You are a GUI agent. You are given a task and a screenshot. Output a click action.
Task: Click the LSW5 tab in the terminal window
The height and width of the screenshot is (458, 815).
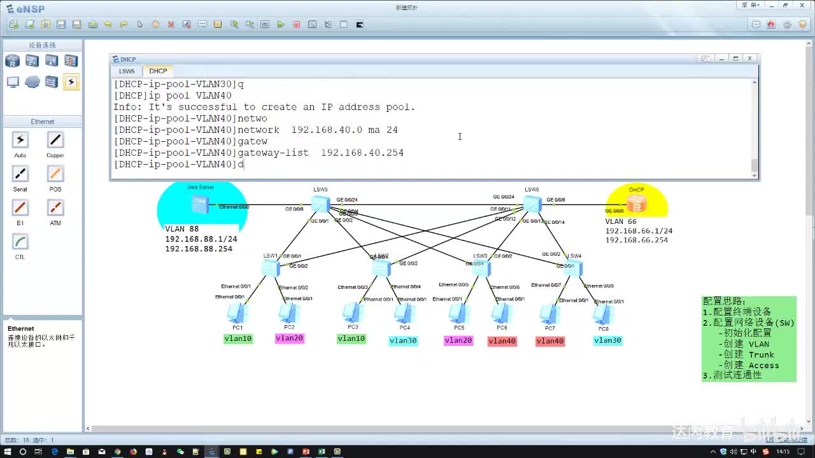click(x=127, y=71)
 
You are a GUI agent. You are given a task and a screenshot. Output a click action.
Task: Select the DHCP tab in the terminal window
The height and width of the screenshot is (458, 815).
click(x=158, y=71)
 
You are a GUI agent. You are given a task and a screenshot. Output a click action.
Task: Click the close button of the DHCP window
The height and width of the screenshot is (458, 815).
click(x=749, y=59)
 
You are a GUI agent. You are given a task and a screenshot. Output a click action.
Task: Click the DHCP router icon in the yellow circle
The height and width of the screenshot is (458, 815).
click(x=636, y=204)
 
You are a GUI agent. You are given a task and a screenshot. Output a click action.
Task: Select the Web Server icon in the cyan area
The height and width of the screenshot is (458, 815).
click(x=200, y=204)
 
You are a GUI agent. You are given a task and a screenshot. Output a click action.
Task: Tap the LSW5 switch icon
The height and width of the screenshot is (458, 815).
click(x=320, y=204)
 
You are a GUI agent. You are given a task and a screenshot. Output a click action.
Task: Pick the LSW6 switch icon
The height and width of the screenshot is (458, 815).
click(x=532, y=204)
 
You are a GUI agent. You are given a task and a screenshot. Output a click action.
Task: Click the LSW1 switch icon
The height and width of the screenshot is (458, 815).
click(x=271, y=268)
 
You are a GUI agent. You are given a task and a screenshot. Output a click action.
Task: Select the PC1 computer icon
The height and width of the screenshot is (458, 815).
click(x=237, y=313)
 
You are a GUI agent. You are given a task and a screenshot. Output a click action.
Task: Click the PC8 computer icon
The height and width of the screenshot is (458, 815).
click(x=602, y=314)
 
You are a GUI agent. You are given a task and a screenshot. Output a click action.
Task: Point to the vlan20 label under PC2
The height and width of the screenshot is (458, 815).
click(x=289, y=338)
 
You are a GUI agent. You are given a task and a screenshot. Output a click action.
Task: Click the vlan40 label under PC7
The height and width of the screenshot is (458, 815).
click(x=549, y=341)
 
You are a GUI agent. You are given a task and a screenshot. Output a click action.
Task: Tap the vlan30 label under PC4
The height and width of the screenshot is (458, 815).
click(x=403, y=341)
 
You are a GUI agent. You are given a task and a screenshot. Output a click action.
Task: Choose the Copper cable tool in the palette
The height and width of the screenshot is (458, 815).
click(x=55, y=141)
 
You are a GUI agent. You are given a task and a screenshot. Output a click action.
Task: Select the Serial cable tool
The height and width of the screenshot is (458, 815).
click(x=20, y=174)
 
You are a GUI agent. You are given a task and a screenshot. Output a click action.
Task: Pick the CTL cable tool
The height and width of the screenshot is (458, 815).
click(x=20, y=242)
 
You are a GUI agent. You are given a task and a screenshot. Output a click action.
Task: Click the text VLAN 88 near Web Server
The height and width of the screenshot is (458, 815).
click(x=181, y=229)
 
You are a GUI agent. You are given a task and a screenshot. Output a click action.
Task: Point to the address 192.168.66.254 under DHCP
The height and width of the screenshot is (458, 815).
click(x=636, y=240)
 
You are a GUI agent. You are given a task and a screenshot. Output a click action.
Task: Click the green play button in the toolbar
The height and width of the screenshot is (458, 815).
click(x=281, y=25)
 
